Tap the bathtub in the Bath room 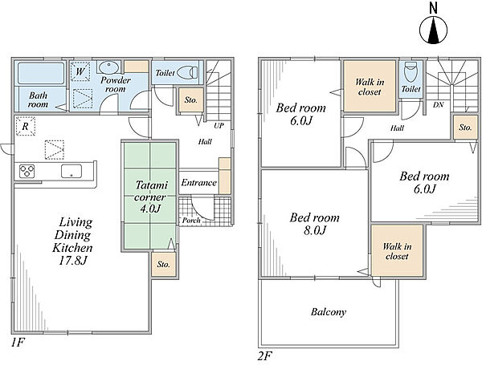tap(41, 73)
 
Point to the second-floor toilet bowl tap(411, 72)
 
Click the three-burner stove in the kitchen tap(27, 171)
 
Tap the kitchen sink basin tap(71, 171)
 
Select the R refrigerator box tap(26, 126)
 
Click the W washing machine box tap(80, 72)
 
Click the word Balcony tap(329, 312)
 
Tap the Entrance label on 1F tap(198, 183)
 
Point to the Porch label tap(191, 221)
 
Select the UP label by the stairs tap(219, 126)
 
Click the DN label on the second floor tap(438, 105)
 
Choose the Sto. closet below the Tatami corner tap(164, 265)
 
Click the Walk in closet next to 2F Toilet tap(370, 87)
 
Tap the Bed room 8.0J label tap(314, 224)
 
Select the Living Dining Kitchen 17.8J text tap(72, 241)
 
